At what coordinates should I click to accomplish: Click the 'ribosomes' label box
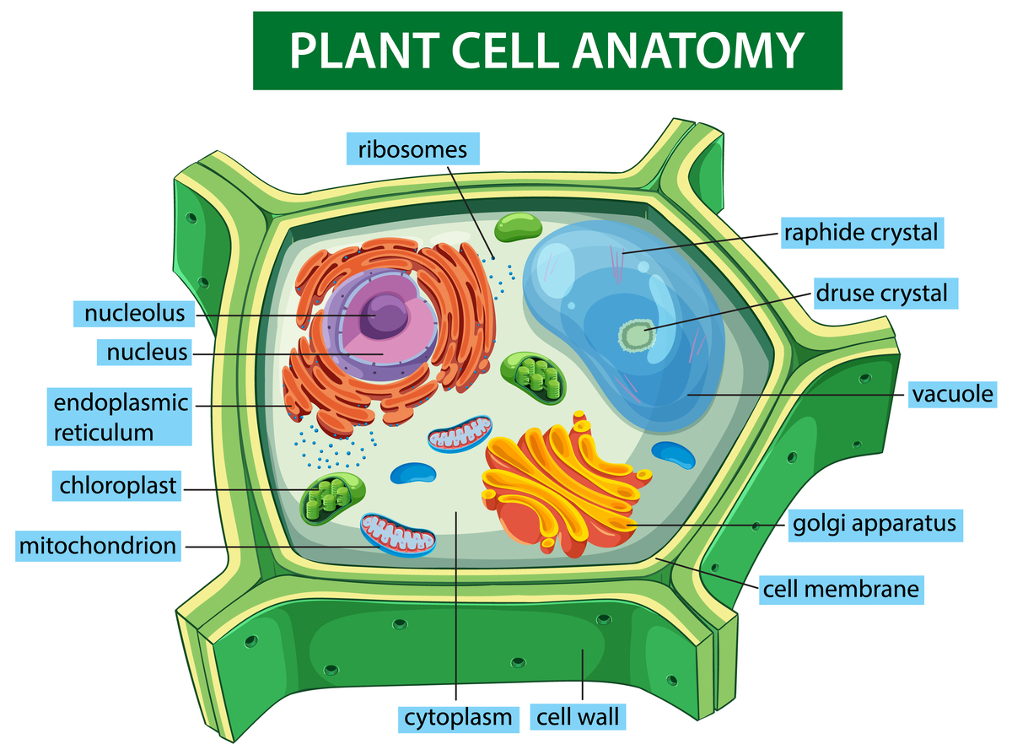(x=412, y=149)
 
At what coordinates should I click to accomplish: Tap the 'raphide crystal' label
(x=860, y=232)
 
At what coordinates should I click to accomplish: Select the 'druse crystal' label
(x=881, y=294)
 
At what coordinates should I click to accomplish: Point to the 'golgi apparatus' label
(x=875, y=523)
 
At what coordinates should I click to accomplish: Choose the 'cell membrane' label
(x=839, y=588)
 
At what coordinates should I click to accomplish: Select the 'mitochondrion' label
(x=98, y=546)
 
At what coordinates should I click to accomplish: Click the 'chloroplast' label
(x=118, y=486)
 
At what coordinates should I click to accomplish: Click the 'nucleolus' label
(x=134, y=314)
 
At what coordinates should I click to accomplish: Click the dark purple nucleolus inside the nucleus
(x=388, y=316)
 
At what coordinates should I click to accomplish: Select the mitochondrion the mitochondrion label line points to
(x=398, y=535)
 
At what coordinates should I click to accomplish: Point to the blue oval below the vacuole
(x=674, y=453)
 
